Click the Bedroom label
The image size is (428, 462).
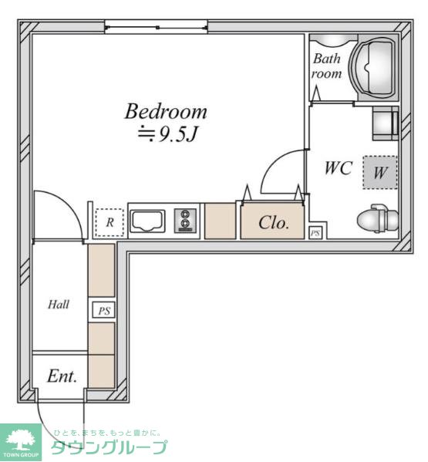166,111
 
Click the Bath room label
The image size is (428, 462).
326,66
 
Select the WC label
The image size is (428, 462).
338,168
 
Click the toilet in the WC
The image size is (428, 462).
378,218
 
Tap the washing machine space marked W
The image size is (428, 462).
379,172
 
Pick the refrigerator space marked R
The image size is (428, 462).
110,222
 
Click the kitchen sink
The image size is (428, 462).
147,221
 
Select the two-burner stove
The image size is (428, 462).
185,221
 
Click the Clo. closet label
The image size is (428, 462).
274,222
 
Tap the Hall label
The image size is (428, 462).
59,304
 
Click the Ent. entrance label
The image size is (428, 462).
62,376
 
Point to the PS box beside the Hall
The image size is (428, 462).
103,310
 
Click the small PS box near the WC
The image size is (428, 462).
315,233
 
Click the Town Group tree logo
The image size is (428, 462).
21,442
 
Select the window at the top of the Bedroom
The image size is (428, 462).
156,28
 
